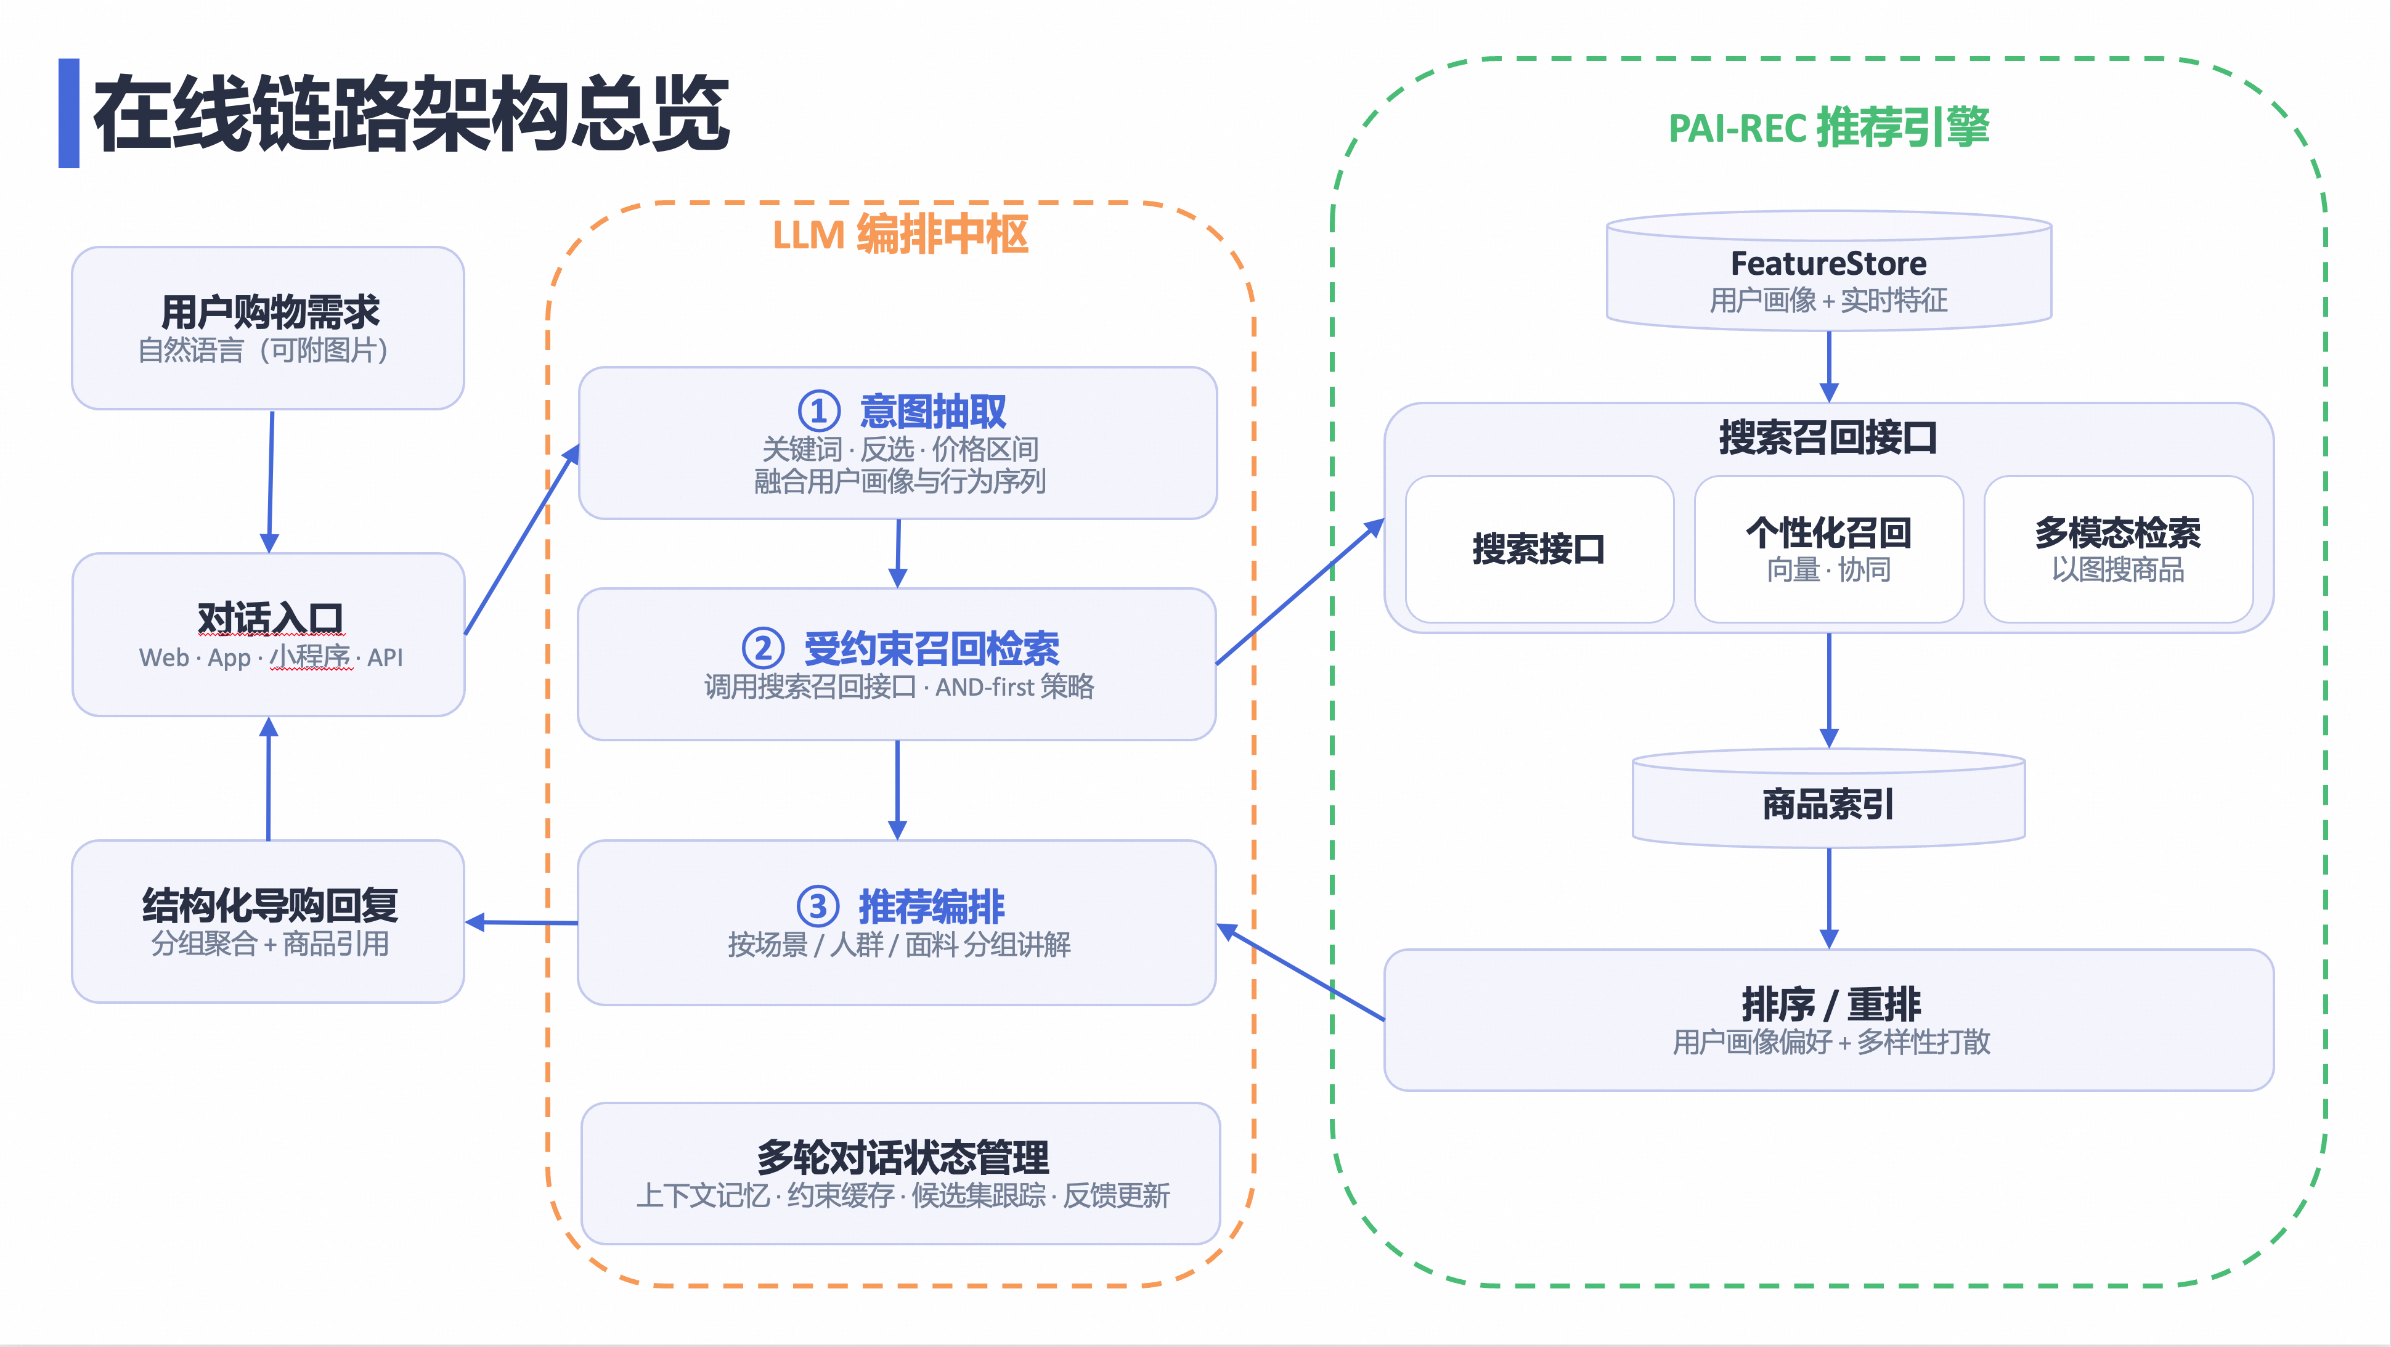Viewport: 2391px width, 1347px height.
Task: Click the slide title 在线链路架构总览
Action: tap(411, 113)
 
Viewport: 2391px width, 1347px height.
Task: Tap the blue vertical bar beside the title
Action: tap(68, 113)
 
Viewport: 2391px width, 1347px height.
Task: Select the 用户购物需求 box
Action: tap(268, 328)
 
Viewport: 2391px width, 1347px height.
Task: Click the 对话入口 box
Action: tap(268, 634)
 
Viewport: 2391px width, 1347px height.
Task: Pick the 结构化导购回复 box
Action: tap(268, 921)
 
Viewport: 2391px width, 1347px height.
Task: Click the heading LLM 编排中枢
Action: tap(900, 234)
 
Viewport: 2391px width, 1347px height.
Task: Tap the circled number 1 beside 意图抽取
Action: tap(818, 411)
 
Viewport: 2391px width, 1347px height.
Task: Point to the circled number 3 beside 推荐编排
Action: tap(818, 906)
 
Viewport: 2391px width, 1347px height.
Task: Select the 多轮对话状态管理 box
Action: tap(900, 1173)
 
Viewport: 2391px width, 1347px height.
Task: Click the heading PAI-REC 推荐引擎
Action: tap(1828, 127)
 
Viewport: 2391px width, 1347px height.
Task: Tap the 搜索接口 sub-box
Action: tap(1539, 548)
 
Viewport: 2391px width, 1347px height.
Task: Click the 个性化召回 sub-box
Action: tap(1828, 548)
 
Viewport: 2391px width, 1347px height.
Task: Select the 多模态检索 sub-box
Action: tap(2118, 548)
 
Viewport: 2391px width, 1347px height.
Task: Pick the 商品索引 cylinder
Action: tap(1828, 799)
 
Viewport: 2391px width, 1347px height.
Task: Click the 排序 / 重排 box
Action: tap(1828, 1019)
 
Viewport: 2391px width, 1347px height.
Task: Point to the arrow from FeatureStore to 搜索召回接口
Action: tap(1828, 367)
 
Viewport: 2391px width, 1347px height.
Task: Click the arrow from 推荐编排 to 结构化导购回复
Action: tap(521, 922)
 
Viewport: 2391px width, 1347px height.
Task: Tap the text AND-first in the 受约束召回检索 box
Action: tap(984, 687)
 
